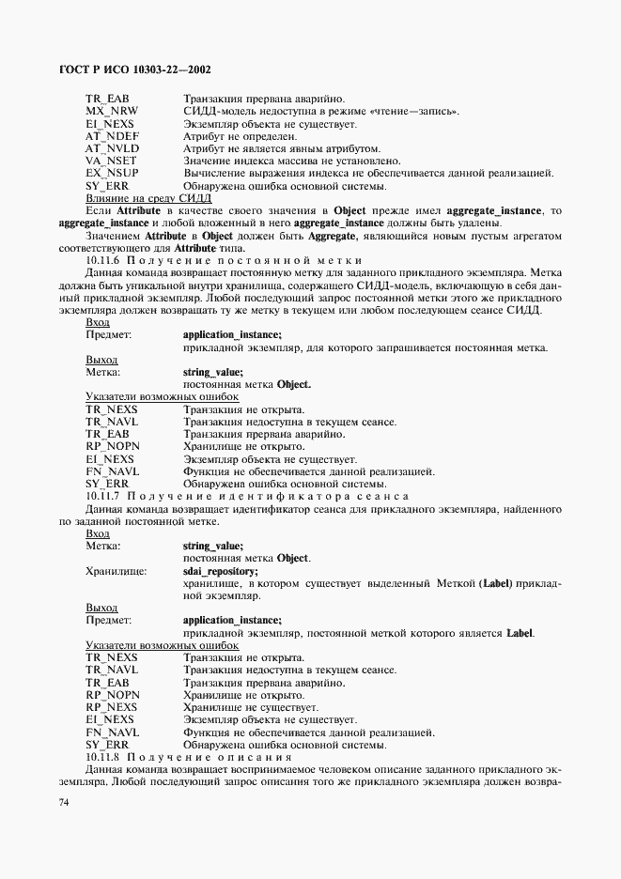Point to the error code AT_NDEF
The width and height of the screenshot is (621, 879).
(112, 136)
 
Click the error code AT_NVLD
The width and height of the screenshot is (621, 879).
(112, 148)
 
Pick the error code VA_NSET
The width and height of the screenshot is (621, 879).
(112, 161)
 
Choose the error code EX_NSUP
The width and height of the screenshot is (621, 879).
(112, 173)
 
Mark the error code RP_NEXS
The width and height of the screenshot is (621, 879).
(111, 706)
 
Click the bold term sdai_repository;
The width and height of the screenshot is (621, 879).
(220, 570)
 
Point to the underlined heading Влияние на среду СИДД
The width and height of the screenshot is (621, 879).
(148, 197)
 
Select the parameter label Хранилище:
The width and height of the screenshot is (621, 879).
(116, 570)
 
